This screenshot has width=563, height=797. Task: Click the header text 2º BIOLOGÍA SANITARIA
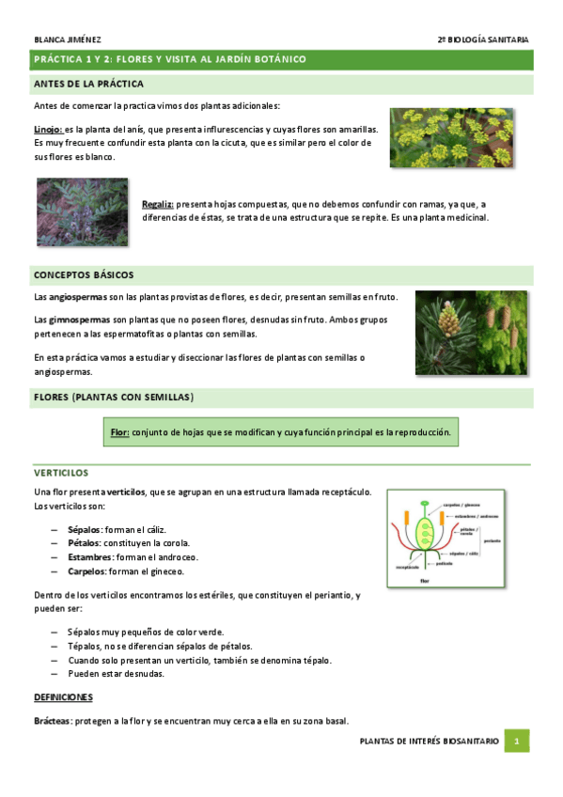click(x=483, y=39)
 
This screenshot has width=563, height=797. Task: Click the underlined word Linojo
click(x=47, y=129)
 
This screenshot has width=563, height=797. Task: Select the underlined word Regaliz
click(x=157, y=204)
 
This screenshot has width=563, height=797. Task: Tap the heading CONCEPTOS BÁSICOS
click(x=84, y=274)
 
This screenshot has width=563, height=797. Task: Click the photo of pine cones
click(x=473, y=334)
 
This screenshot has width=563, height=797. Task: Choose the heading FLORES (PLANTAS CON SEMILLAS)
click(x=114, y=398)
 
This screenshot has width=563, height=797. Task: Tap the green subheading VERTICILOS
click(x=60, y=474)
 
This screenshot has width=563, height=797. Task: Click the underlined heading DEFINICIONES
click(x=63, y=697)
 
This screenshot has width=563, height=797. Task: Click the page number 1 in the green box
click(x=517, y=742)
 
